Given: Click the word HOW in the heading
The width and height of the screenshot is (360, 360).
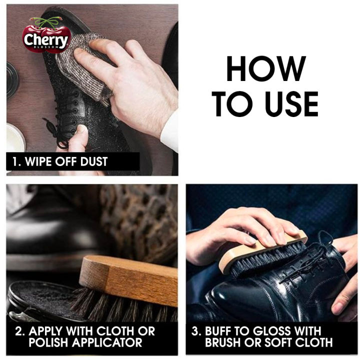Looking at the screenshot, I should coord(265,68).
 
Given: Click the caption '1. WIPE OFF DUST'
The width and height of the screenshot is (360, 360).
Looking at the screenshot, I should coord(60,161).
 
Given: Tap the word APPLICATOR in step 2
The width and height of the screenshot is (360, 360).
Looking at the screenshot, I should coord(110,342).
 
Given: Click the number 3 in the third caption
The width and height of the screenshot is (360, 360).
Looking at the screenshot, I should coord(196,331).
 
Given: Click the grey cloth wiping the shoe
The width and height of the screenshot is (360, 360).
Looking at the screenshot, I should coord(82,65).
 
